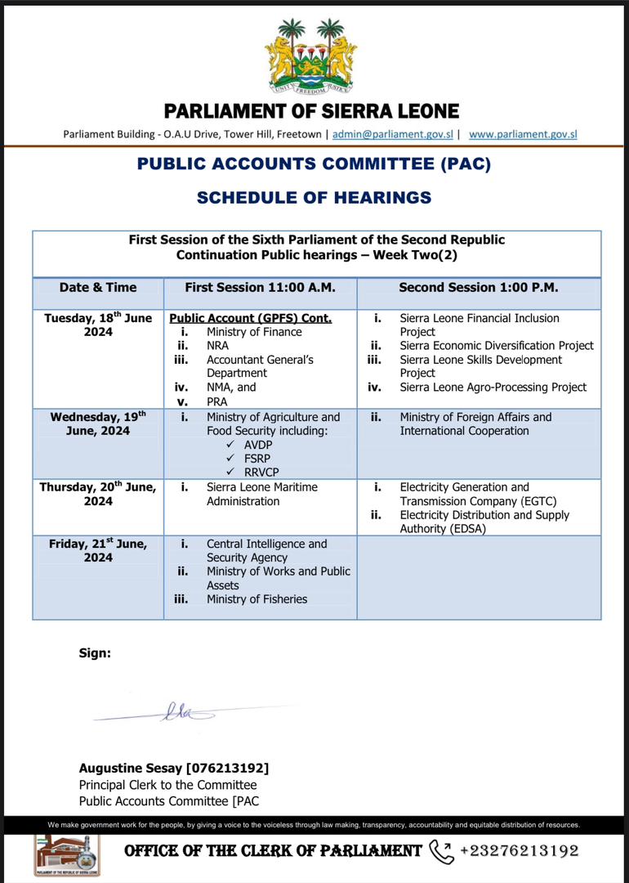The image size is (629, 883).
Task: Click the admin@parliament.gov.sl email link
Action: pos(393,134)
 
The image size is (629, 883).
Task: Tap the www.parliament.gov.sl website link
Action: pos(523,134)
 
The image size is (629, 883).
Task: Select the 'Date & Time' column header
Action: pos(98,288)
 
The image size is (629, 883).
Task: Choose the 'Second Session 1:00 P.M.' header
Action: pos(478,288)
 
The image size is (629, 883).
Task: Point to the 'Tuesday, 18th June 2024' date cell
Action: pos(98,325)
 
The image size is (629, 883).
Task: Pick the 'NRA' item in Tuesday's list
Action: pos(217,346)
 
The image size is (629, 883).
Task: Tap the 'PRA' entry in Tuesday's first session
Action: pos(216,401)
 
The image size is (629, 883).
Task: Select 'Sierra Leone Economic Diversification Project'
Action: pos(497,346)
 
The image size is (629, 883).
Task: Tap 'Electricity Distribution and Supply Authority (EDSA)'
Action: pos(484,522)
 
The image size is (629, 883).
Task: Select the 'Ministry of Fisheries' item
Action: pos(257,599)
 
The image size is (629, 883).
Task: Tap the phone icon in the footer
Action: pos(441,851)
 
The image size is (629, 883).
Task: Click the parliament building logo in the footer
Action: pos(67,855)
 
